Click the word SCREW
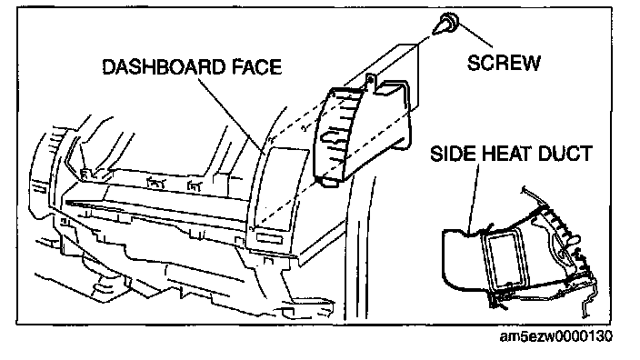pos(504,63)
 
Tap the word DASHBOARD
pos(164,67)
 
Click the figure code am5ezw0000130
pos(556,336)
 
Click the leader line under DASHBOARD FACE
pos(232,115)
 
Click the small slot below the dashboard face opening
pos(270,239)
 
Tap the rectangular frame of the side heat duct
pos(505,258)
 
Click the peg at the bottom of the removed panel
pos(329,182)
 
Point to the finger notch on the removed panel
pos(333,138)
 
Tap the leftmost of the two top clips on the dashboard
pos(155,183)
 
